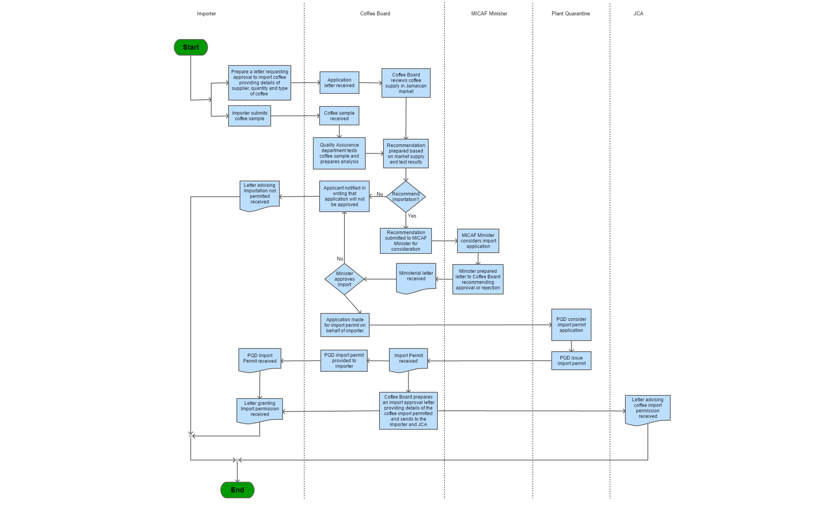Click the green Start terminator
[191, 47]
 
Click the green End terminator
[237, 490]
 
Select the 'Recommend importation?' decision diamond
[405, 197]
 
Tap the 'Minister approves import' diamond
[344, 279]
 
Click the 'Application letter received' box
[339, 83]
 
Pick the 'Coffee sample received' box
[339, 116]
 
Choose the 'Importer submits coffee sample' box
[249, 116]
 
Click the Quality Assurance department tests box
[339, 153]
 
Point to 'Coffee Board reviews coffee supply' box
[406, 83]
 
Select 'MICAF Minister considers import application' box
[478, 241]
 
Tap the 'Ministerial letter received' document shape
[416, 277]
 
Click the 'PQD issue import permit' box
[571, 361]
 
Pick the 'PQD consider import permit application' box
[571, 325]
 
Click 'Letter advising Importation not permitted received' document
[260, 195]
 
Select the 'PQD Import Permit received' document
[260, 359]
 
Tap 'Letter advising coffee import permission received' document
[647, 409]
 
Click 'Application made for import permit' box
[345, 325]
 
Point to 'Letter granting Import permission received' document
[260, 410]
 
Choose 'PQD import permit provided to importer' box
[344, 361]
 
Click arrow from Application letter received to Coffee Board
[370, 83]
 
